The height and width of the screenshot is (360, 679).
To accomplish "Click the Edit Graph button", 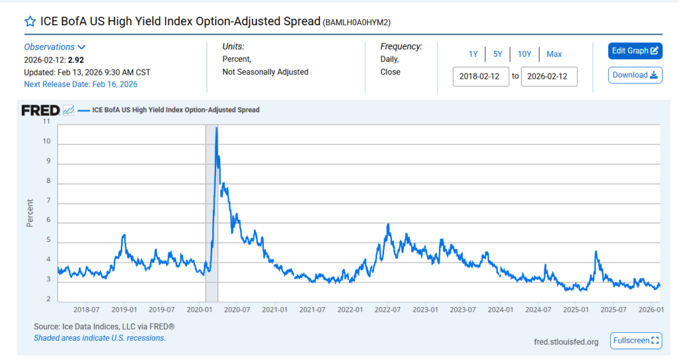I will [635, 51].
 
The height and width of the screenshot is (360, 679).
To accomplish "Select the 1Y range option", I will [473, 54].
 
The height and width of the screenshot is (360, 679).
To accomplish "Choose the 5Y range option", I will [498, 54].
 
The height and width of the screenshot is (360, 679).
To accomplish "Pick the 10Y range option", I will [525, 54].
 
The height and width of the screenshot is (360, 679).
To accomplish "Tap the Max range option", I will [554, 54].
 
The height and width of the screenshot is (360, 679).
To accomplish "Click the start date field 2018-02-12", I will [481, 76].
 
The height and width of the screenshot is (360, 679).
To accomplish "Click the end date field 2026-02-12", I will [549, 76].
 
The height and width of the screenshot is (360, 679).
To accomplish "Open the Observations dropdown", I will [55, 47].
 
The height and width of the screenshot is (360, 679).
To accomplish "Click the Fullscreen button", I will [635, 341].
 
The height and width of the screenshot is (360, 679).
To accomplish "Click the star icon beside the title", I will [30, 21].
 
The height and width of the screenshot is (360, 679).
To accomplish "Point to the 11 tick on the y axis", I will [46, 122].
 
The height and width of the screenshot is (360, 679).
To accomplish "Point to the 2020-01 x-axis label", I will [199, 310].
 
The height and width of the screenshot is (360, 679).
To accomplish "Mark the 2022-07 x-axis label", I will [386, 310].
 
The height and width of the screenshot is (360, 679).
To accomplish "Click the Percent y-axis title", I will [30, 212].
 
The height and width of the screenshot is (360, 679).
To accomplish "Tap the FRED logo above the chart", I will [40, 110].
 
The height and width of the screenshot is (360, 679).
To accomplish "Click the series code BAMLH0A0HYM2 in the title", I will [357, 23].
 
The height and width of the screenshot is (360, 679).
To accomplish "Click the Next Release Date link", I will [81, 84].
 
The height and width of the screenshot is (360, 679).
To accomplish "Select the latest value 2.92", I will [76, 60].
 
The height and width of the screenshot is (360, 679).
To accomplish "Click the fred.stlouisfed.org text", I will [566, 342].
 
